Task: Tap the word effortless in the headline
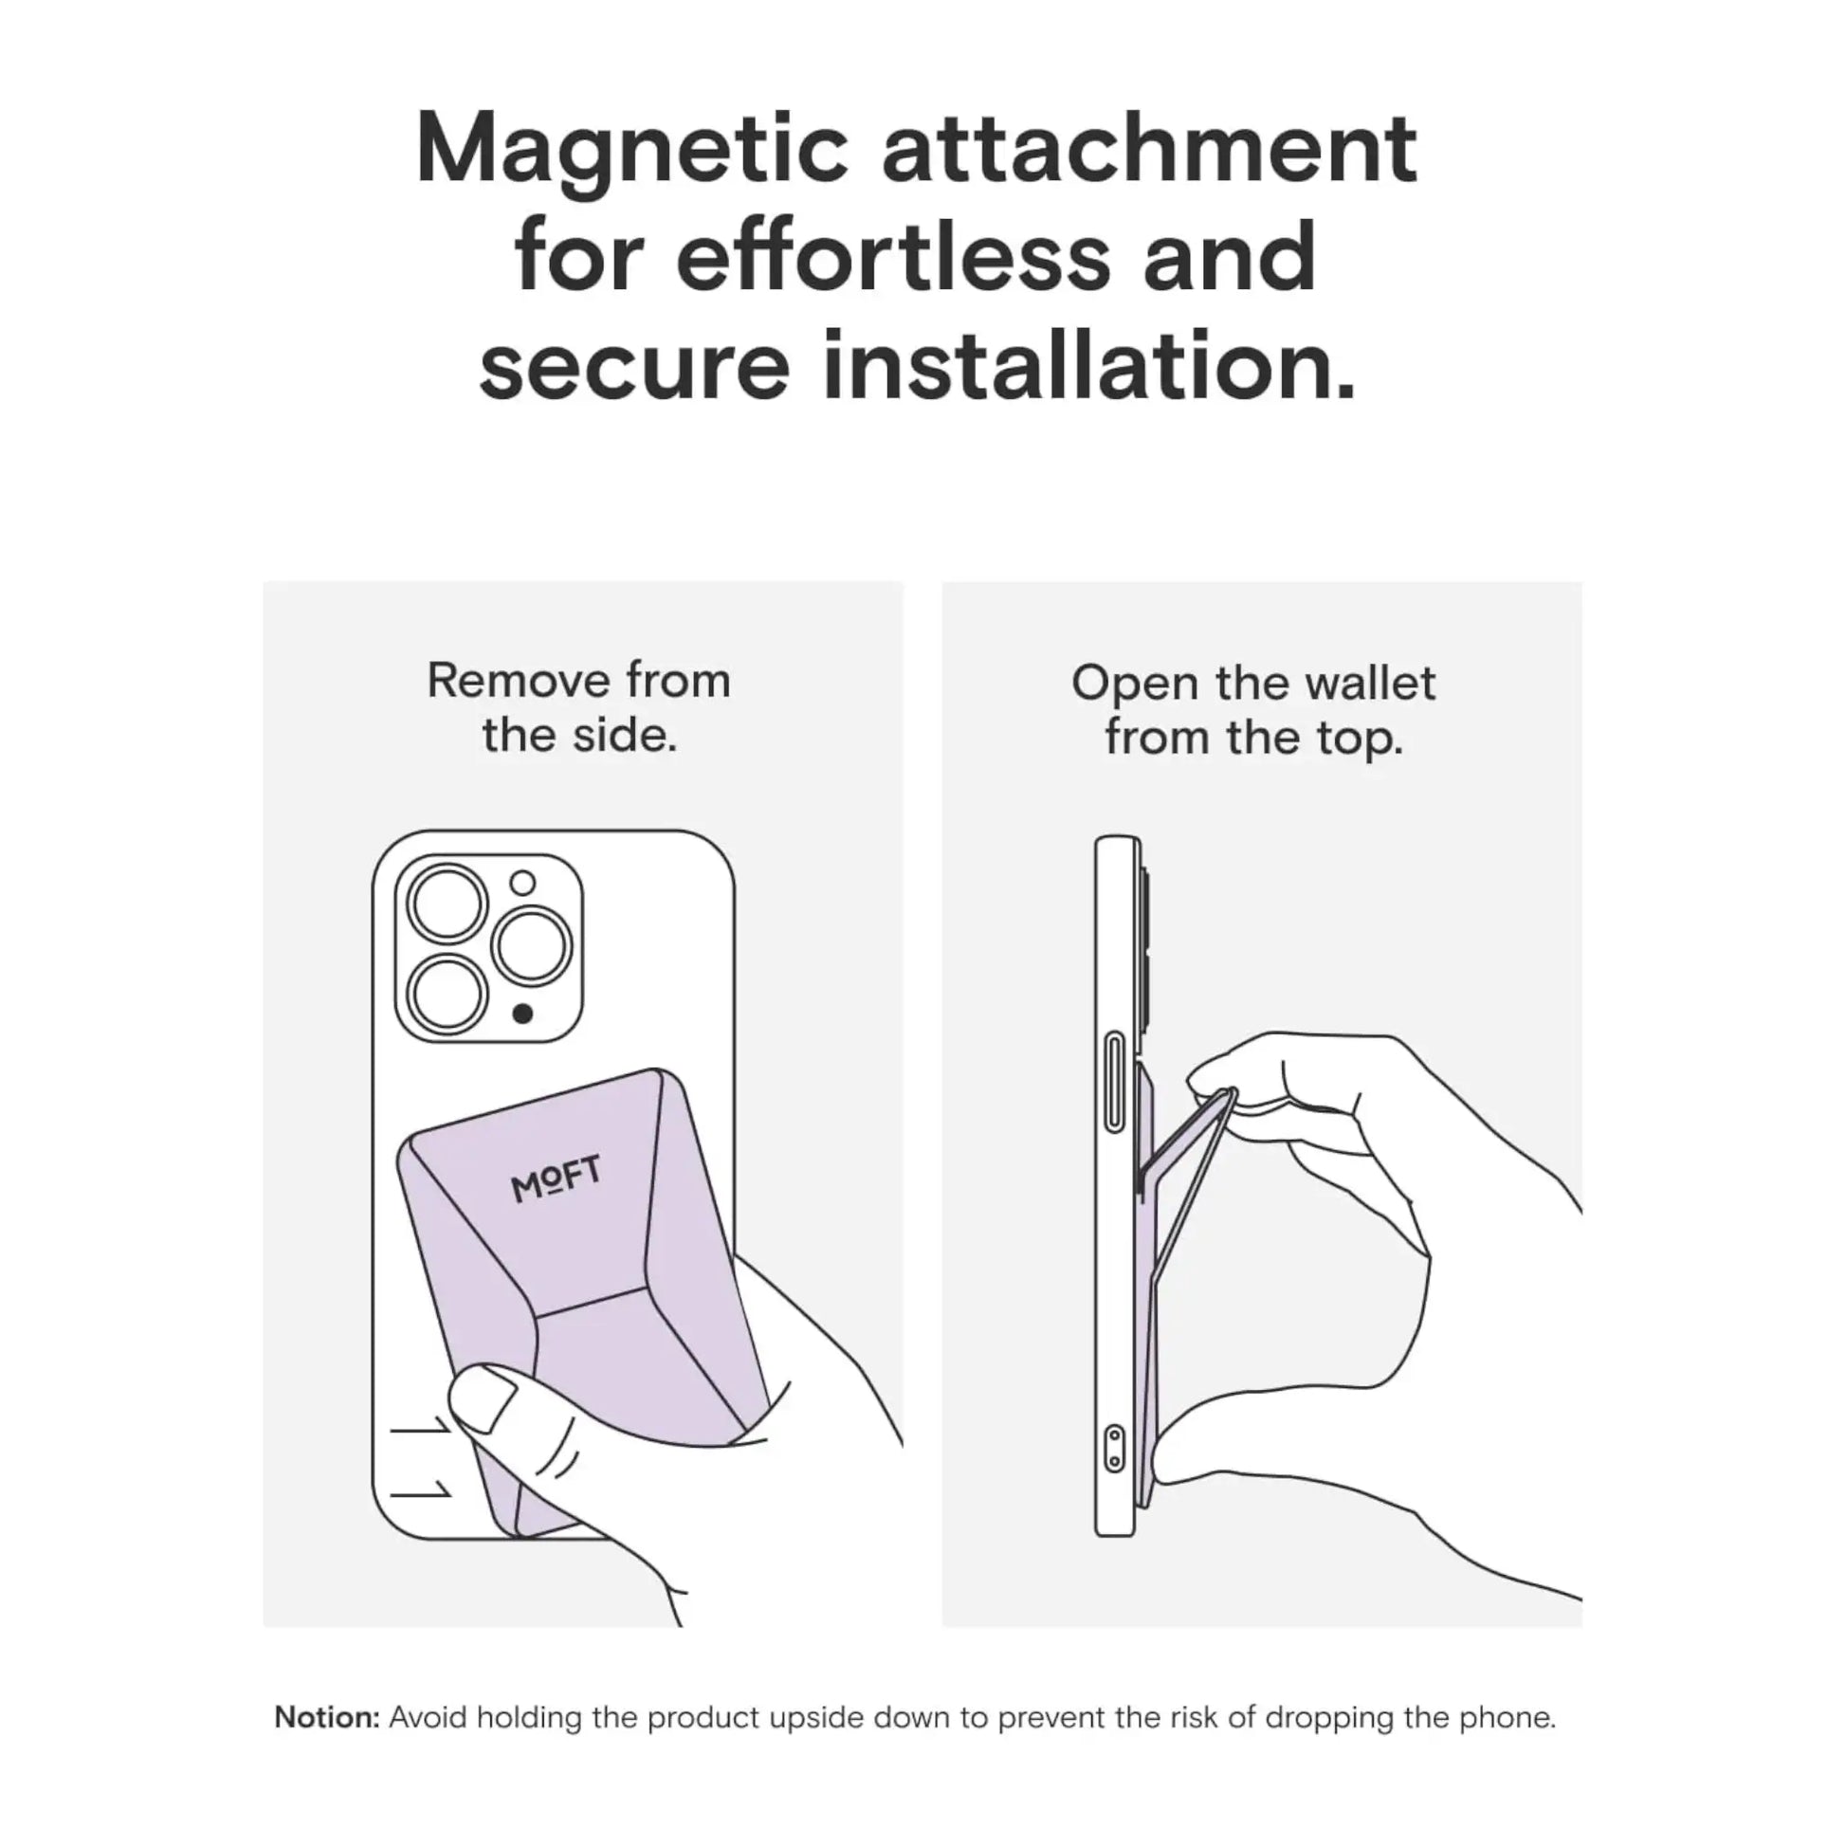tap(893, 257)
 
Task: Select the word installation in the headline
tap(1088, 366)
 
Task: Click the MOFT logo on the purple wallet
tap(556, 1178)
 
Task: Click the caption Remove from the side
tap(578, 707)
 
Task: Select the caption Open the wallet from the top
tap(1253, 710)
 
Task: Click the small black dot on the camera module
tap(522, 1014)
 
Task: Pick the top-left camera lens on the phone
tap(447, 903)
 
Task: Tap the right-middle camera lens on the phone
tap(531, 946)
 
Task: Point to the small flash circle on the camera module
tap(522, 883)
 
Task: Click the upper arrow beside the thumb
tap(420, 1429)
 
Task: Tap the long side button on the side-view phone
tap(1113, 1082)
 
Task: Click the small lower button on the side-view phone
tap(1113, 1449)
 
